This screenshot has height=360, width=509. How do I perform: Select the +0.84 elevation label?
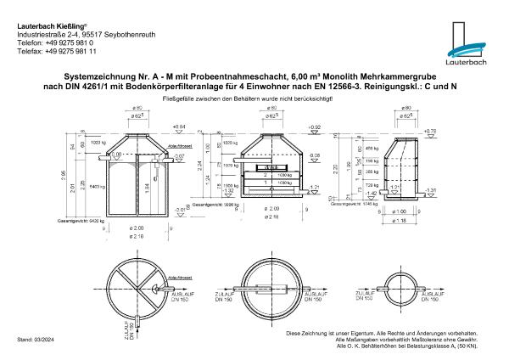(x=178, y=127)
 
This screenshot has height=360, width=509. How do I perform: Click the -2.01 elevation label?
(x=180, y=209)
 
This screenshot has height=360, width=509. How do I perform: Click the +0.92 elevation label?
(x=315, y=127)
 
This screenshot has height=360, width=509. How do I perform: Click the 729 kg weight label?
(x=373, y=183)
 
